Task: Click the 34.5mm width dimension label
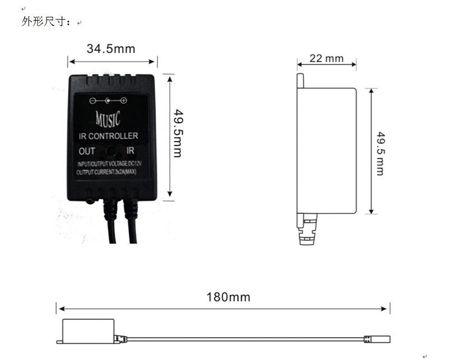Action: click(111, 49)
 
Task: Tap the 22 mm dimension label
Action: click(326, 58)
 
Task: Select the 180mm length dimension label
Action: click(228, 297)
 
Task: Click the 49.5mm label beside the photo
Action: click(178, 133)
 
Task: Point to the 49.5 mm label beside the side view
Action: click(381, 153)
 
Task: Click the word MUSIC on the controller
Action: click(107, 119)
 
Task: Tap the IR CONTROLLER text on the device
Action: click(108, 136)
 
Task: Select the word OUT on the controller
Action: click(87, 151)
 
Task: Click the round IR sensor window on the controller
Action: click(111, 151)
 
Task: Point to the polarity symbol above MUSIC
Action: click(108, 101)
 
